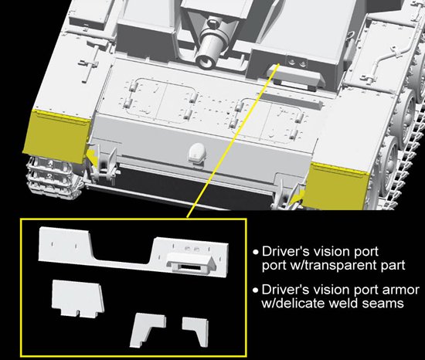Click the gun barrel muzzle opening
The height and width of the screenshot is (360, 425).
pos(206,61)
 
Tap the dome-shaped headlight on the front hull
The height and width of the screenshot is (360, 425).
pos(197,154)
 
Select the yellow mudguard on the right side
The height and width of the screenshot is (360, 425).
pos(335,186)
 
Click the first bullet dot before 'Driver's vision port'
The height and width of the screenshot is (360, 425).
pos(255,253)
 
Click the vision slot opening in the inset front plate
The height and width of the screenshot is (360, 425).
pos(191,267)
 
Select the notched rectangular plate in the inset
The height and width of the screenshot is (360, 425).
pos(78,298)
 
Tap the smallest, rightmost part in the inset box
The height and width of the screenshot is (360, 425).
pos(196,331)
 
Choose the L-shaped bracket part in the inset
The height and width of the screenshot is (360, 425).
pos(147,330)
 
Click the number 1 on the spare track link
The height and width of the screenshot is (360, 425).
pos(50,164)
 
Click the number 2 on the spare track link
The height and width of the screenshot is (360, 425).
pos(49,177)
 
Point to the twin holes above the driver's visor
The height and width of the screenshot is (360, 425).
pos(297,63)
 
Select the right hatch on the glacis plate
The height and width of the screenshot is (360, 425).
pos(268,119)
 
